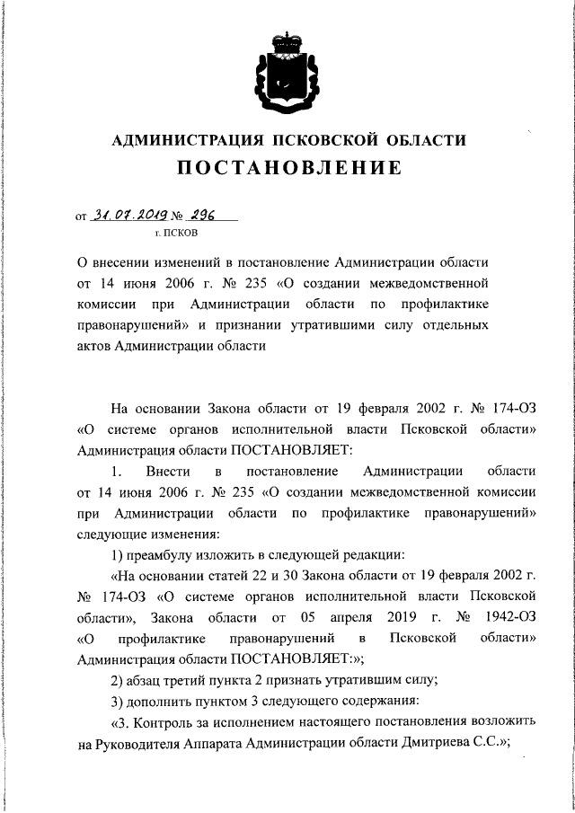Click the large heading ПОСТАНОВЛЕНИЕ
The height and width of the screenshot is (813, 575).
click(x=288, y=168)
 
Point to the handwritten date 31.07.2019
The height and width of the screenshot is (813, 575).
click(x=129, y=215)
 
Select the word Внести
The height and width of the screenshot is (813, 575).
click(x=164, y=472)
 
